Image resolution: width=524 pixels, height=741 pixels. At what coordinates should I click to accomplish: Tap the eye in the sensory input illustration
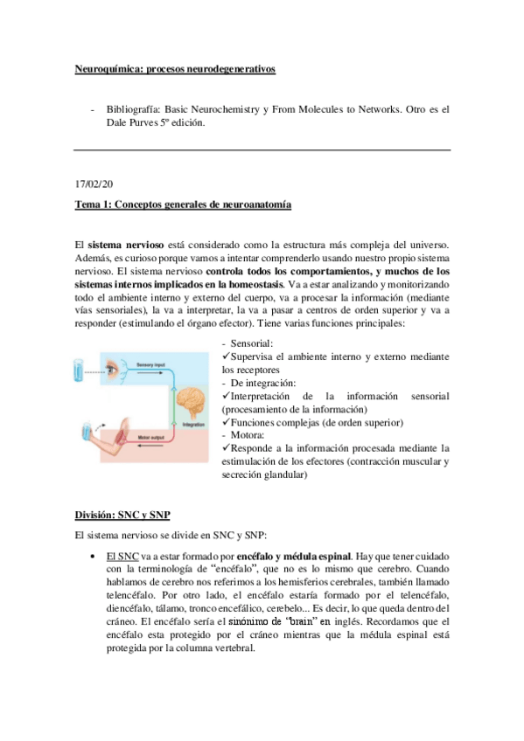pyautogui.click(x=114, y=370)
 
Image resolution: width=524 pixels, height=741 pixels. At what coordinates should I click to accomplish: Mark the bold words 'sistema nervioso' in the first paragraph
pyautogui.click(x=121, y=248)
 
